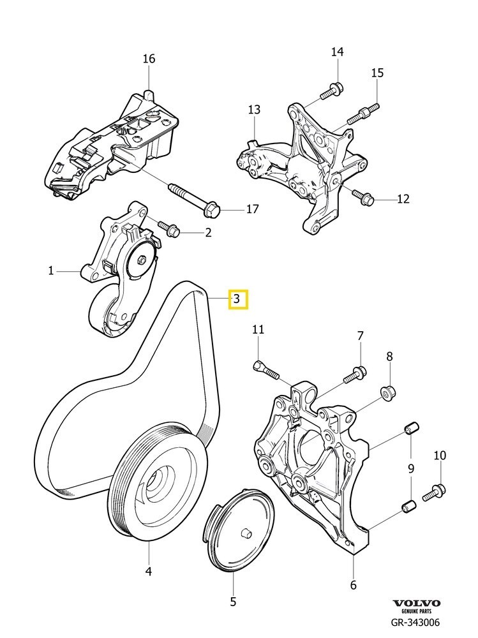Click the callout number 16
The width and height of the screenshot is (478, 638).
tap(149, 59)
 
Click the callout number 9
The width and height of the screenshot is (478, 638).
tap(410, 469)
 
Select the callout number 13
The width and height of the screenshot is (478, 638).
tap(254, 110)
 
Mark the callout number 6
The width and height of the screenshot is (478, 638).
tap(353, 585)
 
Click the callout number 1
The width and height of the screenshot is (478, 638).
tap(51, 271)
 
